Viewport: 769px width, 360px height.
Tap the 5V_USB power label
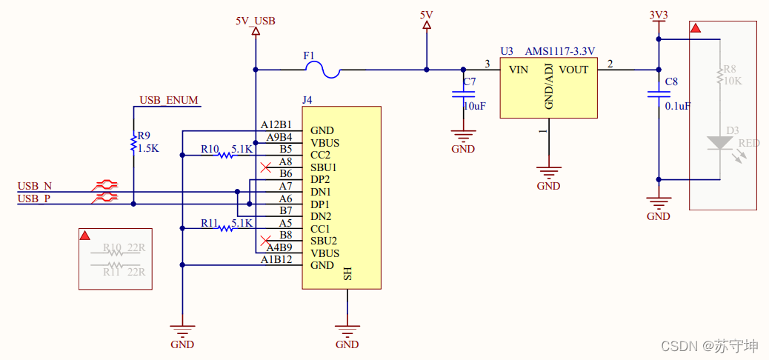tap(255, 21)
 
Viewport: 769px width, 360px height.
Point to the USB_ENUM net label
tap(170, 100)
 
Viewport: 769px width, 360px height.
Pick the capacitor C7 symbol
tap(464, 94)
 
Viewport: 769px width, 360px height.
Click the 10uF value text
tap(474, 106)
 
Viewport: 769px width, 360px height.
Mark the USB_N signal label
tap(35, 185)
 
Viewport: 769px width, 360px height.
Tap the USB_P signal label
tap(35, 198)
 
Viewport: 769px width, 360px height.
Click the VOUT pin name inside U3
tap(573, 70)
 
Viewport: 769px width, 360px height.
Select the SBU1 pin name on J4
tap(324, 167)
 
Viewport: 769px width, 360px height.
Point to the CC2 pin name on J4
tap(320, 155)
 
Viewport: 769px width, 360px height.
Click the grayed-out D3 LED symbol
tap(719, 143)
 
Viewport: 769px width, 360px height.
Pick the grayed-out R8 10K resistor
tap(719, 75)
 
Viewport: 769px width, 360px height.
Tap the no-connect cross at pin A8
tap(264, 167)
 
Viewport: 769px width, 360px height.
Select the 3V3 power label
tap(657, 14)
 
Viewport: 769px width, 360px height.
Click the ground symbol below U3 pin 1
tap(548, 175)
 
